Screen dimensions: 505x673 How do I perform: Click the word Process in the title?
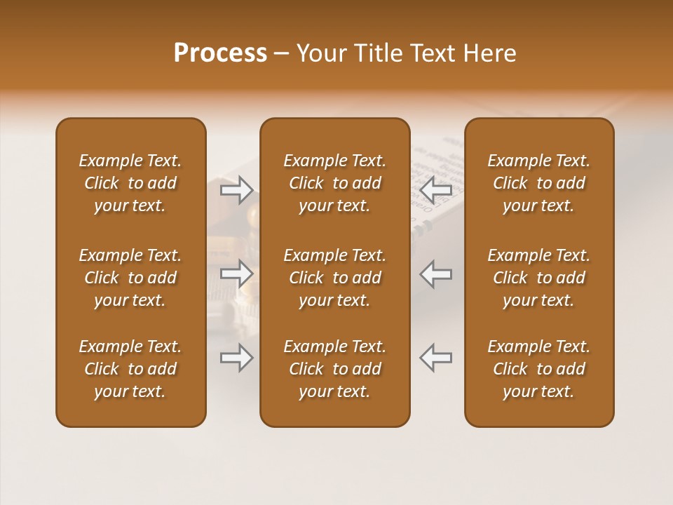(x=220, y=53)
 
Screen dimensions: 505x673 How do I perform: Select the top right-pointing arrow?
(x=237, y=189)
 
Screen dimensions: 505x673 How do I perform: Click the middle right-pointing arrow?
(x=237, y=274)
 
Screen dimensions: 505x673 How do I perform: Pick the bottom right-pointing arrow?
(x=237, y=358)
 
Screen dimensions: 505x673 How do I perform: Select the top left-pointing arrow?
(x=435, y=189)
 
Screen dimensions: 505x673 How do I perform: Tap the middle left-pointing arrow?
(x=435, y=274)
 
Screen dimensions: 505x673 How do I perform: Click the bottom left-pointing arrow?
(x=435, y=358)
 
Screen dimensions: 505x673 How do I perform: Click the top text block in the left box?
(x=130, y=183)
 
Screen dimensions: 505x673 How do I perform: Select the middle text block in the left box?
(x=130, y=278)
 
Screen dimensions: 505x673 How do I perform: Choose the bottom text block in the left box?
(x=130, y=369)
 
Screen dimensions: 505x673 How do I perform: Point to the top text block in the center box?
(x=334, y=183)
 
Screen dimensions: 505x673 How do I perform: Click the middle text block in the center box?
(x=334, y=278)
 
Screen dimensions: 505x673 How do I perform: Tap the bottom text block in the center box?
(x=334, y=369)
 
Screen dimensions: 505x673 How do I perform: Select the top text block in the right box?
(x=538, y=183)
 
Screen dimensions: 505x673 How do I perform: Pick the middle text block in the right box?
(x=538, y=278)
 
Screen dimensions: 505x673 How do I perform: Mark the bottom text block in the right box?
(x=538, y=369)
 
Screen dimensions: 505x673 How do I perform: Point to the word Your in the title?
(x=320, y=53)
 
